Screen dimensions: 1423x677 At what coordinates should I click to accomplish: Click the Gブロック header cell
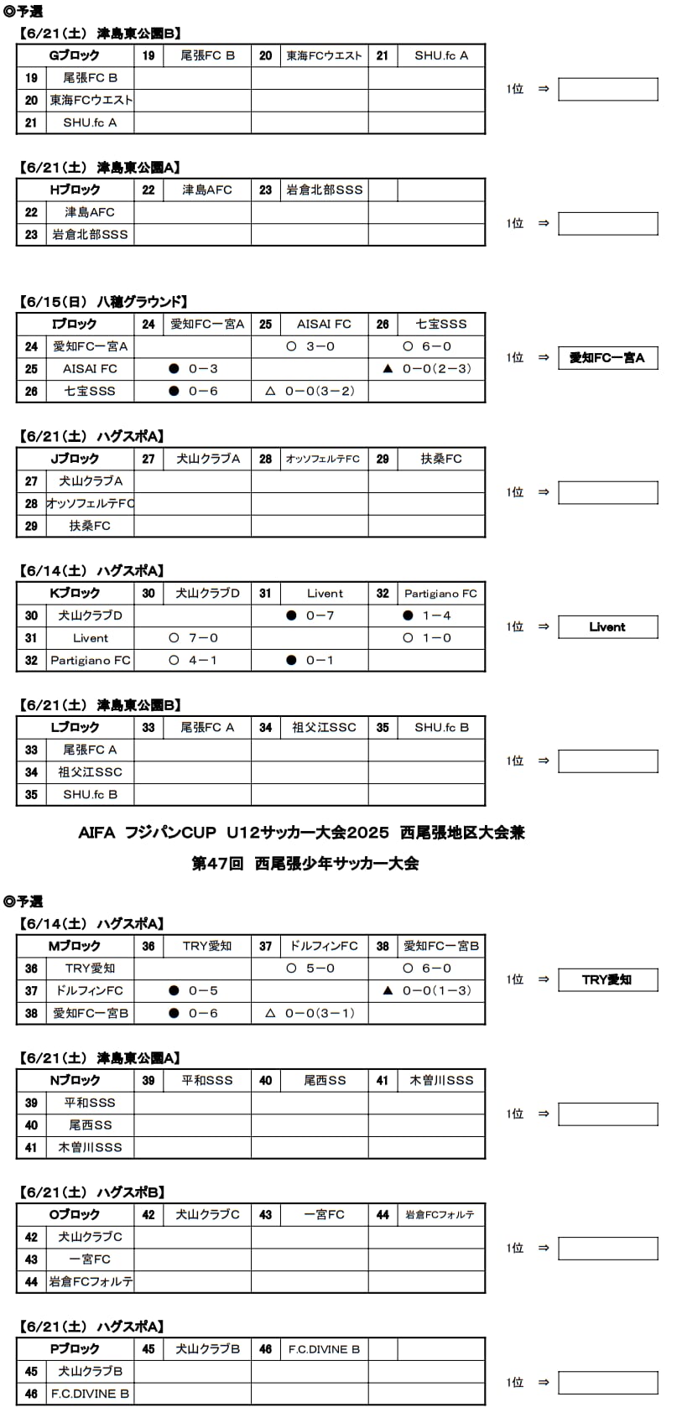[75, 55]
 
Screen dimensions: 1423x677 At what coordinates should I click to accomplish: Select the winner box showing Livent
[607, 626]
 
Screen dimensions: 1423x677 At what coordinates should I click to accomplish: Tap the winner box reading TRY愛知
[607, 979]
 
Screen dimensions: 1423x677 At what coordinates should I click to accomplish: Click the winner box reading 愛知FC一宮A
[607, 358]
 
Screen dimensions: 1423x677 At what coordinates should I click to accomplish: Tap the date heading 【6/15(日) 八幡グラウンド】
[102, 302]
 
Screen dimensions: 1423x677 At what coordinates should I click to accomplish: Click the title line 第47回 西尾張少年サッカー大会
[305, 863]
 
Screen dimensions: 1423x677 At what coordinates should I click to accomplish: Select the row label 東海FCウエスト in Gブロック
[91, 101]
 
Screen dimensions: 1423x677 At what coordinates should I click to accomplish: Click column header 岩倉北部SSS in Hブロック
[324, 190]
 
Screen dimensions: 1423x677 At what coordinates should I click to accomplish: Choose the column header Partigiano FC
[440, 594]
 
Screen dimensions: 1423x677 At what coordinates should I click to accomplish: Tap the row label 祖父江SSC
[90, 772]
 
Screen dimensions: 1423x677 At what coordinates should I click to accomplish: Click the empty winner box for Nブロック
[607, 1114]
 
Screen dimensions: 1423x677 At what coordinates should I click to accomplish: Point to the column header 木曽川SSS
[441, 1081]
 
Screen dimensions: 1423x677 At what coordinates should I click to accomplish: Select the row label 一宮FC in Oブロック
[90, 1259]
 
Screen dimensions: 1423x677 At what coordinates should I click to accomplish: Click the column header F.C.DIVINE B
[324, 1349]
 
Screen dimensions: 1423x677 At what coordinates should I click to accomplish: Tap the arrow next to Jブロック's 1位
[543, 492]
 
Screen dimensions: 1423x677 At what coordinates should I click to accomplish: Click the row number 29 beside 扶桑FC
[31, 527]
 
